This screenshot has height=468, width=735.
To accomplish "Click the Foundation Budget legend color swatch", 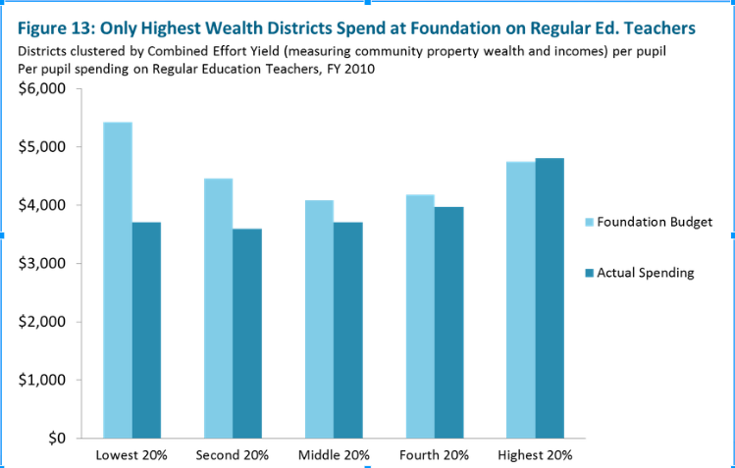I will (589, 222).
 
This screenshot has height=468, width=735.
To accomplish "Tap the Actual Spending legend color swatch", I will (589, 273).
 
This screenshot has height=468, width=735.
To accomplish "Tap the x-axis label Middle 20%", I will (334, 455).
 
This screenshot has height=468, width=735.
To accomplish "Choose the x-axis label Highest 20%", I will (536, 455).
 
